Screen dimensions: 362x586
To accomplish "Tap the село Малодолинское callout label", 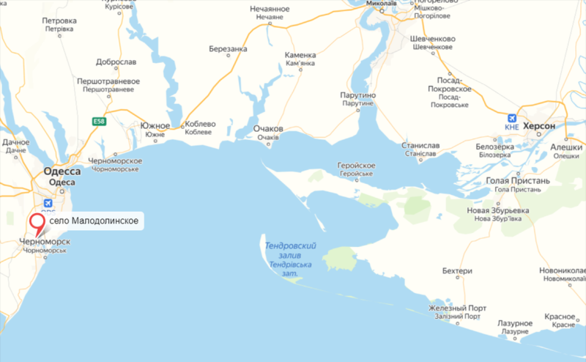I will coord(94,221).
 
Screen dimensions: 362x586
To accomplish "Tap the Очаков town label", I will coord(267,128).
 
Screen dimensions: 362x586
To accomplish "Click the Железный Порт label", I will coord(458,308).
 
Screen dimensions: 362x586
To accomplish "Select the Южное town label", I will coord(155,125).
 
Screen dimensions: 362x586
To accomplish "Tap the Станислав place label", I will coord(420,145).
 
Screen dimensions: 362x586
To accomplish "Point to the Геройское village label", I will coord(357,166).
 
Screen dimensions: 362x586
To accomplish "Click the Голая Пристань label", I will coord(518,180).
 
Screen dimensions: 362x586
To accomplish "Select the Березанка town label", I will coord(228,49).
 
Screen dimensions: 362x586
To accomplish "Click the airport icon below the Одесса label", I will coord(48,203).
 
